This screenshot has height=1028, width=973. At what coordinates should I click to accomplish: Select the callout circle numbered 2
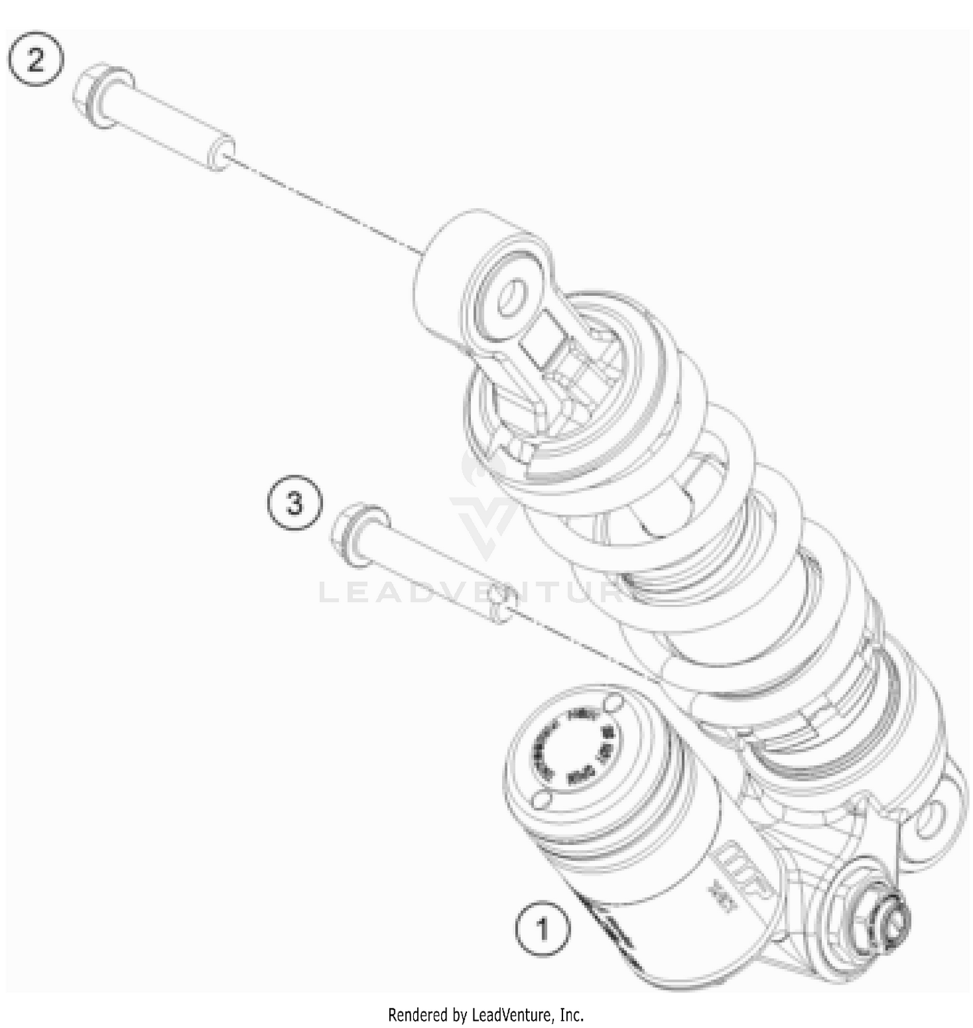(36, 61)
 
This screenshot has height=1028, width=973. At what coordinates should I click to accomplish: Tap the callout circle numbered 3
(295, 503)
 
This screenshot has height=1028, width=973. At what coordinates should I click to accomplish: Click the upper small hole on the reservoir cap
(610, 703)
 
